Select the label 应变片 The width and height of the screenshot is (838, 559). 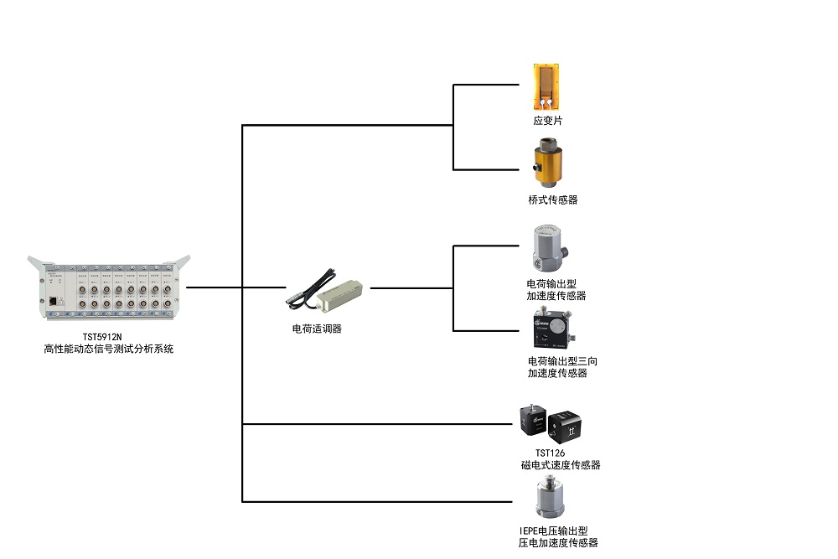[x=548, y=121]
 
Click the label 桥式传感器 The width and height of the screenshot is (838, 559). [x=553, y=200]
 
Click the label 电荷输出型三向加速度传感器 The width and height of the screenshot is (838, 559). [x=562, y=367]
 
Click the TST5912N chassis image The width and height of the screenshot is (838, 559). [x=108, y=290]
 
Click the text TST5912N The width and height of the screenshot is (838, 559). [x=108, y=337]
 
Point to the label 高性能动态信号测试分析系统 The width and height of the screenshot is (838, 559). [x=108, y=349]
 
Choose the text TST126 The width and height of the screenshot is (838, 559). [x=550, y=453]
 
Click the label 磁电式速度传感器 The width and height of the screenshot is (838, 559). [x=561, y=465]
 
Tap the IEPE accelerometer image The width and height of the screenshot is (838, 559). [x=550, y=499]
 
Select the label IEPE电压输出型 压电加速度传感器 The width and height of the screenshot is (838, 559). [x=558, y=536]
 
